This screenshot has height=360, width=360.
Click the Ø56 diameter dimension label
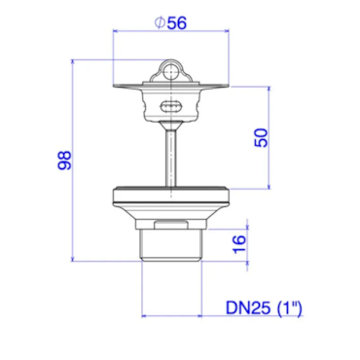point(170,23)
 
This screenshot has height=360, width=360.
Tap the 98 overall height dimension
point(64,161)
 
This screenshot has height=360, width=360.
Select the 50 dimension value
point(262,138)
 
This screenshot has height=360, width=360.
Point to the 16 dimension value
point(239,244)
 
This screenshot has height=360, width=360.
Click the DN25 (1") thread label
point(264,307)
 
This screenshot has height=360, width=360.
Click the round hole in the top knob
point(170,73)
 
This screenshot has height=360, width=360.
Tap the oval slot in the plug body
point(170,106)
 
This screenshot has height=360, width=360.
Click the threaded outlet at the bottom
point(171,245)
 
